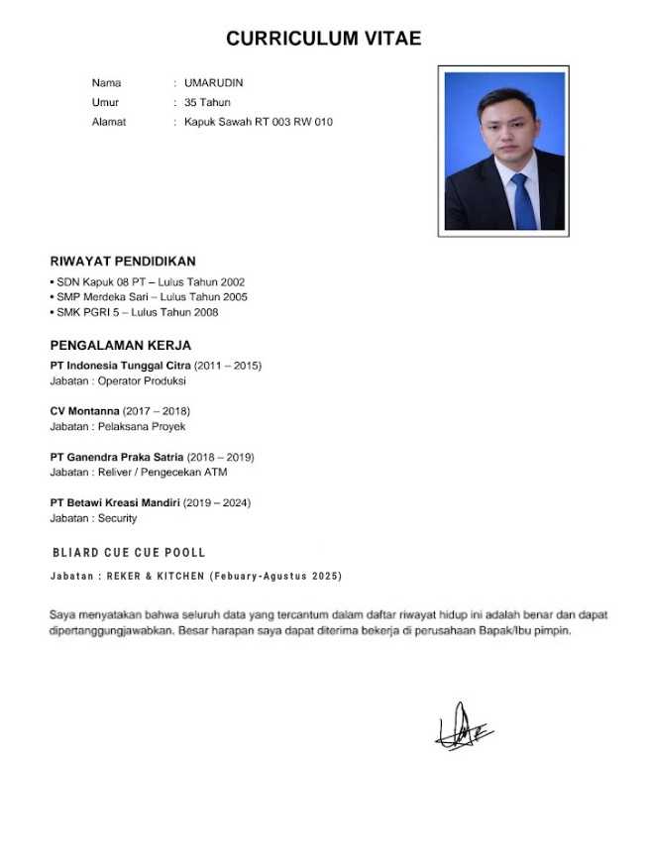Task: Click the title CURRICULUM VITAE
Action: point(323,39)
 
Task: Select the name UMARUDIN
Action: point(213,83)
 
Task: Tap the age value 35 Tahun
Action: point(207,102)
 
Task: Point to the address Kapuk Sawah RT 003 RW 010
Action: point(259,122)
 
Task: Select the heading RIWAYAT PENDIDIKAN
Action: point(123,262)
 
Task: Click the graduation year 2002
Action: point(233,282)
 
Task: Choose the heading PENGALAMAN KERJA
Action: point(120,346)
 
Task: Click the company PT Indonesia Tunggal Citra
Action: point(120,366)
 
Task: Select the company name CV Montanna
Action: point(84,410)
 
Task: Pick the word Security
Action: point(117,518)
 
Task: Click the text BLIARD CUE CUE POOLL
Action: point(128,552)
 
